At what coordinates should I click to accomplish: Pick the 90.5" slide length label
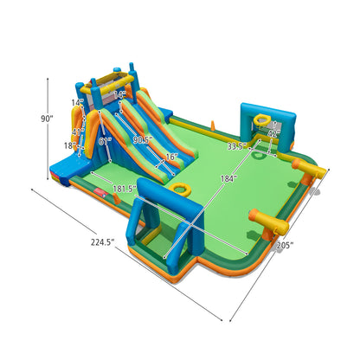point(143,139)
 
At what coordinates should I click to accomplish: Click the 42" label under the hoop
point(273,134)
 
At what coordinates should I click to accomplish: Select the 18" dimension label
point(68,145)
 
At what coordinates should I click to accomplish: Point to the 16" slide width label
point(171,157)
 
